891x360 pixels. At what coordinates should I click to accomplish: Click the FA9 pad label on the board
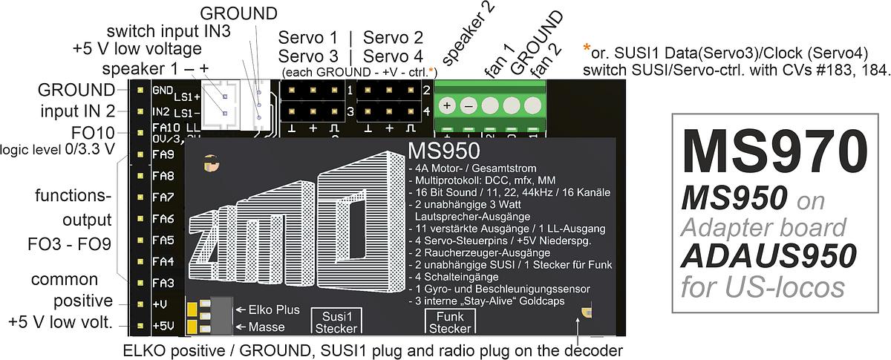[163, 155]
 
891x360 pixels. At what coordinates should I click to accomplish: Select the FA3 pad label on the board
[163, 283]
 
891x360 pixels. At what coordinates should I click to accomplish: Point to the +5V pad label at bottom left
[163, 326]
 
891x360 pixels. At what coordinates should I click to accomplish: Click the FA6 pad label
[163, 219]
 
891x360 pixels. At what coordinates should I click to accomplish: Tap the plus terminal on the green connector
[447, 105]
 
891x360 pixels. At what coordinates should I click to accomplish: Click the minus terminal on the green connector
[469, 105]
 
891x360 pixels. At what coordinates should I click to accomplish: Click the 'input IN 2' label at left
[78, 111]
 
